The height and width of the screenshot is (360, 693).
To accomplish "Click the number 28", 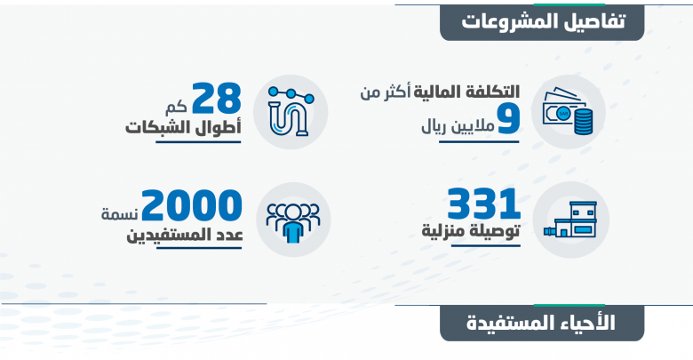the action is (x=217, y=98).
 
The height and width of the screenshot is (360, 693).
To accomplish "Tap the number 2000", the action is (x=192, y=205).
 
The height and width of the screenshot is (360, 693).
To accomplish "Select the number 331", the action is (x=483, y=204).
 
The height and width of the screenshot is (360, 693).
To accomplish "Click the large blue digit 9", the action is (x=508, y=119).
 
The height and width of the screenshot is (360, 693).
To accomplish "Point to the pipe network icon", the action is (x=291, y=111).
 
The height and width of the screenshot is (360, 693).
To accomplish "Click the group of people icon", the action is (x=293, y=222).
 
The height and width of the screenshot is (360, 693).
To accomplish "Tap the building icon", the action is (x=570, y=220).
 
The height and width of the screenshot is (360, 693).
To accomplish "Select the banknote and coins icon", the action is (x=568, y=111).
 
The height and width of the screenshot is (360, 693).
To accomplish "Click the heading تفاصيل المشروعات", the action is (x=543, y=21).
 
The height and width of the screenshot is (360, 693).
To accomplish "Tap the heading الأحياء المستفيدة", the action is (x=541, y=324).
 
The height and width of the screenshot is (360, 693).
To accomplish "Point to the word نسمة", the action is (x=120, y=214).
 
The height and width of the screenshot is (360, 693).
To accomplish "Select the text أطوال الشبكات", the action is (x=183, y=127).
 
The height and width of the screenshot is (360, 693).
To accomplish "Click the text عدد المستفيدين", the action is (x=185, y=235).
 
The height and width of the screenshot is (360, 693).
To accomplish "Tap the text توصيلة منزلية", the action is (x=471, y=231).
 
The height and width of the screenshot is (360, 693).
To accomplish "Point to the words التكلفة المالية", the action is (x=466, y=92).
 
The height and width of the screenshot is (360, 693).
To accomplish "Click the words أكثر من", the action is (x=386, y=92).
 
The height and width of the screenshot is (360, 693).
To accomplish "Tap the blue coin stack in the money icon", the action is (x=584, y=122).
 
